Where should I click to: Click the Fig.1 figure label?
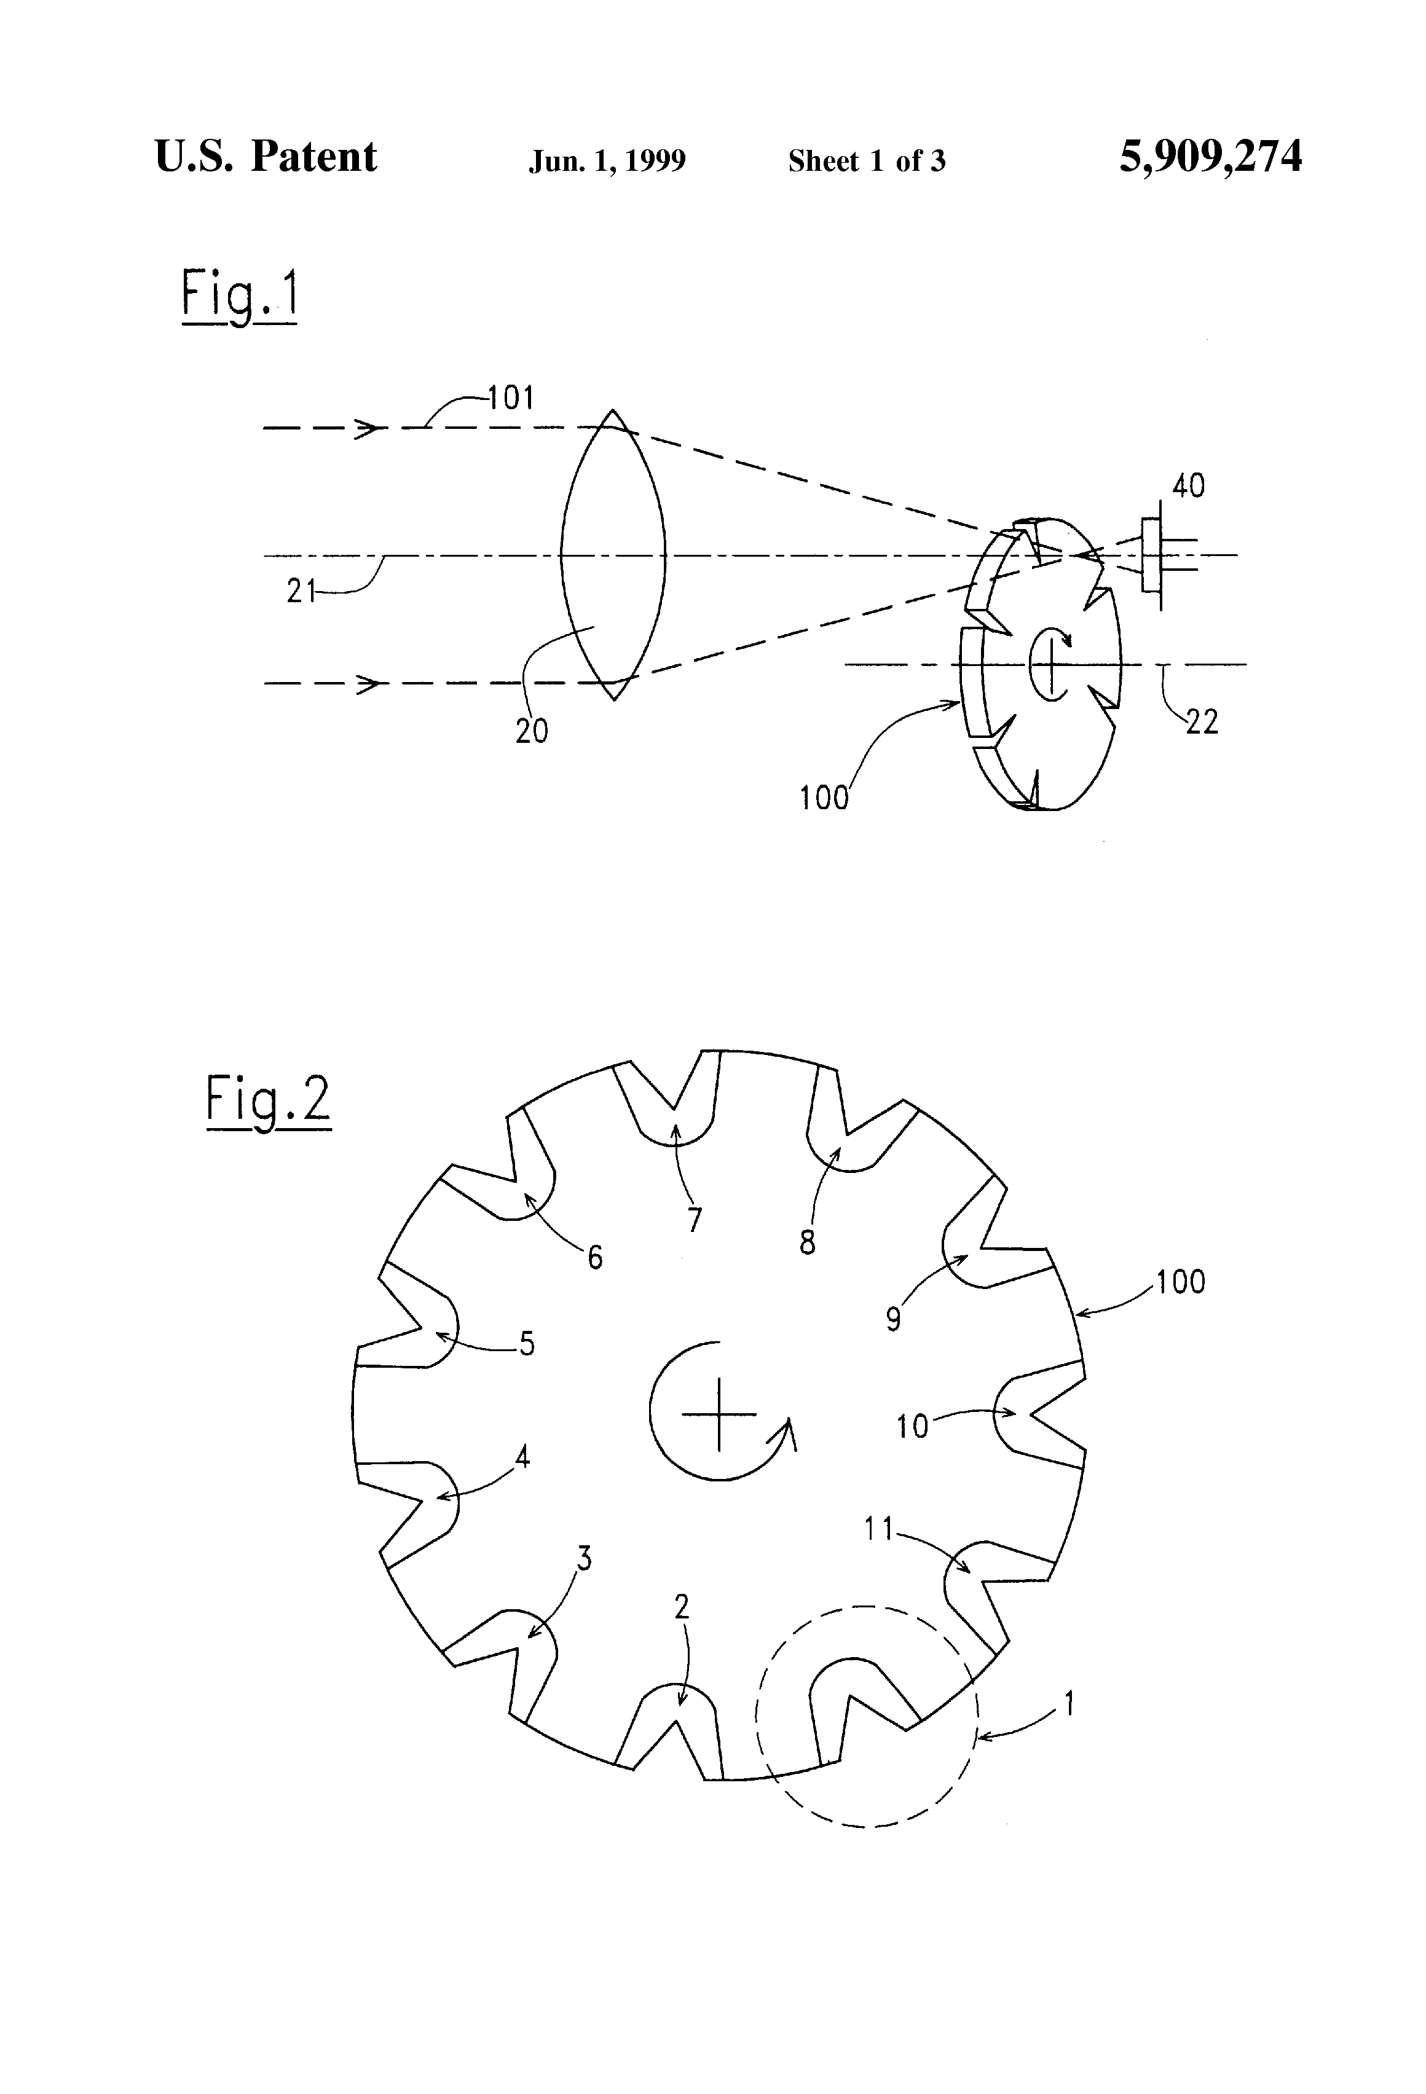tap(239, 296)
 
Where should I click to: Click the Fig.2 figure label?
tap(268, 1102)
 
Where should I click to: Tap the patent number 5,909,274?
tap(1211, 157)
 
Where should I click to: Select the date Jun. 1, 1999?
tap(607, 160)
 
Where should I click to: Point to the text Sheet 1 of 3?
tap(866, 160)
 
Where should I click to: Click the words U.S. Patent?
tap(266, 156)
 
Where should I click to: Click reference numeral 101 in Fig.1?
tap(511, 398)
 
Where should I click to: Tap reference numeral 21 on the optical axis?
tap(302, 591)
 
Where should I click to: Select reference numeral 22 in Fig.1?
tap(1202, 722)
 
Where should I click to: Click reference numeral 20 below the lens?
tap(532, 731)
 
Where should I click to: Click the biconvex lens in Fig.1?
tap(613, 555)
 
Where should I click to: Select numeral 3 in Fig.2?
tap(584, 1558)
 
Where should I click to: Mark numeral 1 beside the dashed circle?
tap(1069, 1704)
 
